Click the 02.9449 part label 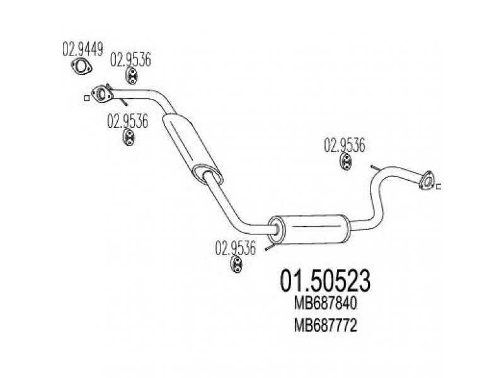pos(83,50)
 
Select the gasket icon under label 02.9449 pos(81,67)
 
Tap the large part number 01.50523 pos(325,280)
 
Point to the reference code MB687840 pos(325,303)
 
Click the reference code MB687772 pos(325,326)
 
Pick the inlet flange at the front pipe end pos(101,94)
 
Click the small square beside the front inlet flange pos(87,98)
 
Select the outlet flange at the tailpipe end pos(427,181)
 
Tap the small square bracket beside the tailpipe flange pos(438,186)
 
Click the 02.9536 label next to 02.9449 pos(130,60)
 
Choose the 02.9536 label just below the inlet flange pos(128,121)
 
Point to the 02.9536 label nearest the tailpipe pos(345,146)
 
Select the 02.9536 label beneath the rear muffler pos(236,248)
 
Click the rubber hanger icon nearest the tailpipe pos(346,162)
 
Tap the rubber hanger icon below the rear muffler pos(237,264)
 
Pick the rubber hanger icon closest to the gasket pos(132,76)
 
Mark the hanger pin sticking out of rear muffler pos(270,248)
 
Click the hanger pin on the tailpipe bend pos(375,168)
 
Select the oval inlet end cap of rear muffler pos(277,229)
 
